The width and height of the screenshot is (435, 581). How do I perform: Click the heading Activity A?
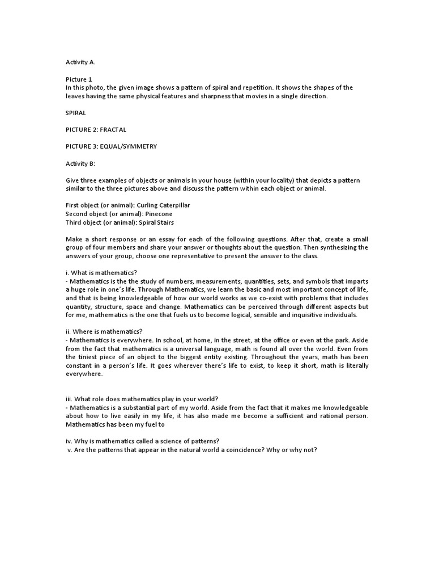pos(79,62)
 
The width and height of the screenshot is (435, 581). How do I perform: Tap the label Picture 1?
pos(78,79)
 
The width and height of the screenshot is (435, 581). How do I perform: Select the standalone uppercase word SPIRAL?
pos(76,113)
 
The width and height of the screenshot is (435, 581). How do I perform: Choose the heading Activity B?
pos(79,163)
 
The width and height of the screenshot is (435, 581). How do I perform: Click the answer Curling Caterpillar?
pos(163,205)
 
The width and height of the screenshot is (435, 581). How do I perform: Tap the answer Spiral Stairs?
pos(150,222)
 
